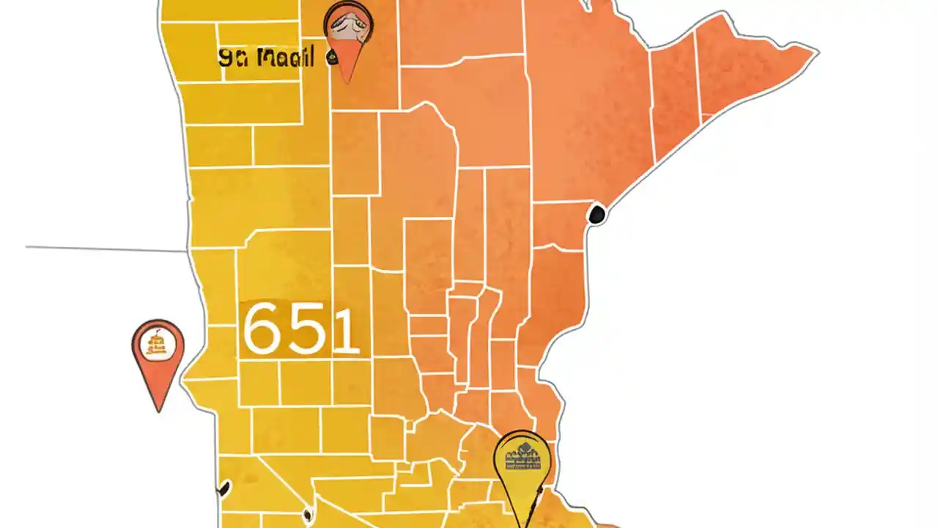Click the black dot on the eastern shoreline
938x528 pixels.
pyautogui.click(x=597, y=215)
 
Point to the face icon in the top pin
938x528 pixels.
pyautogui.click(x=348, y=27)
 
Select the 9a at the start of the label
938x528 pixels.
pyautogui.click(x=231, y=58)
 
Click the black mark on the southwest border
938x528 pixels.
pyautogui.click(x=224, y=488)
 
